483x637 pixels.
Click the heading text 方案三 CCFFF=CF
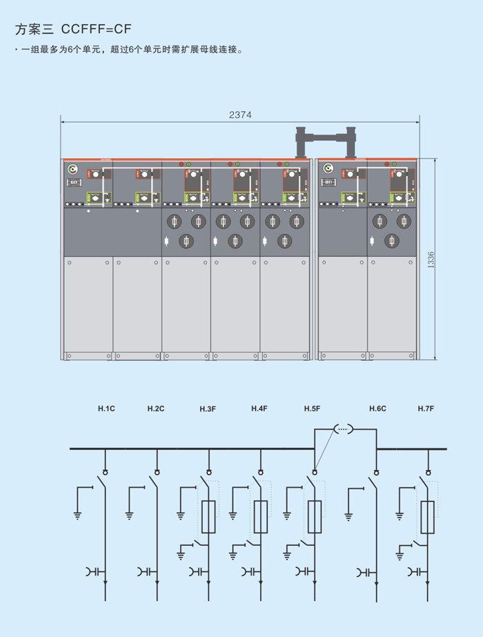click(x=72, y=29)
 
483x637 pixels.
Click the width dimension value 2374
click(x=240, y=115)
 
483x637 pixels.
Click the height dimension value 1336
click(x=431, y=259)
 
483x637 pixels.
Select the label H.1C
click(x=106, y=409)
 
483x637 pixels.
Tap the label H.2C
click(x=156, y=409)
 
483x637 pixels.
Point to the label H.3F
click(x=208, y=409)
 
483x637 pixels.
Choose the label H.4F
click(x=259, y=409)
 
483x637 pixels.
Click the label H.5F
click(x=312, y=409)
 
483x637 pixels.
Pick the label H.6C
click(x=377, y=409)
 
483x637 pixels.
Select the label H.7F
click(x=426, y=409)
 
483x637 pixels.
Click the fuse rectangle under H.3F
click(x=209, y=518)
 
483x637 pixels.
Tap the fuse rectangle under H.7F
click(x=428, y=518)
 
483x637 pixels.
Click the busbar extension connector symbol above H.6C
click(x=344, y=429)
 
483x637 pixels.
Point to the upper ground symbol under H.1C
click(x=78, y=514)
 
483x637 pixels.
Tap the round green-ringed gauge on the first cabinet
click(x=72, y=169)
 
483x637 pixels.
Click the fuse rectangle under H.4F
click(x=261, y=518)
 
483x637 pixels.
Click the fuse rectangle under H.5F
click(x=314, y=518)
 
